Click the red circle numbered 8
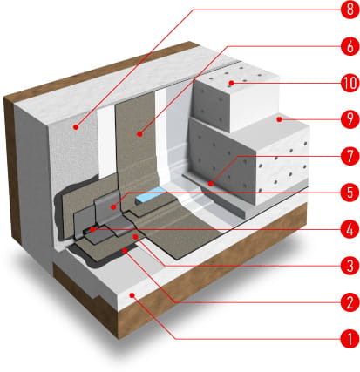pyautogui.click(x=350, y=10)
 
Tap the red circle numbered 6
pyautogui.click(x=350, y=46)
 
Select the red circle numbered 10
pyautogui.click(x=350, y=84)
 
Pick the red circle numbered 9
pyautogui.click(x=350, y=119)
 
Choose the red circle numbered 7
pyautogui.click(x=350, y=156)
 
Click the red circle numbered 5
pyautogui.click(x=350, y=193)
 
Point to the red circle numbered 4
pyautogui.click(x=350, y=229)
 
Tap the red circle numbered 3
pyautogui.click(x=350, y=266)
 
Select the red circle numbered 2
pyautogui.click(x=350, y=302)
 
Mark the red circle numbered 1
pyautogui.click(x=350, y=339)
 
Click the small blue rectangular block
pyautogui.click(x=150, y=194)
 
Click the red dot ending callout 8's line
pyautogui.click(x=76, y=127)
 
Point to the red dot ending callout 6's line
pyautogui.click(x=140, y=134)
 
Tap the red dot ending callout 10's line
pyautogui.click(x=231, y=84)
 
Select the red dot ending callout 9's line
pyautogui.click(x=279, y=119)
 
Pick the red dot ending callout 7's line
pyautogui.click(x=211, y=184)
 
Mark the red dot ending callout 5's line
pyautogui.click(x=113, y=207)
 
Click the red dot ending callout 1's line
pyautogui.click(x=132, y=295)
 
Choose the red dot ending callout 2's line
pyautogui.click(x=125, y=250)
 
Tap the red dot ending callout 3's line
pyautogui.click(x=135, y=237)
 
